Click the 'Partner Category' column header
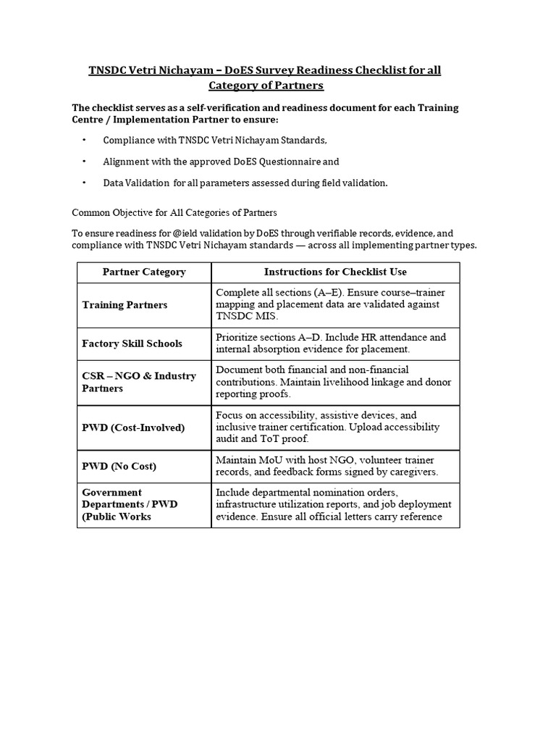click(x=144, y=272)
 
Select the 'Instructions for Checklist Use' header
click(x=335, y=272)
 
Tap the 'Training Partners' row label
click(x=125, y=305)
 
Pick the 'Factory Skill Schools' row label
click(x=132, y=343)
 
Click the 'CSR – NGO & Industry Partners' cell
click(x=139, y=382)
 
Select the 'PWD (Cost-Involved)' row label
click(x=133, y=428)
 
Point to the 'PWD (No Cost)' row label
click(x=119, y=466)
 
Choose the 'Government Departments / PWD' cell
click(x=130, y=504)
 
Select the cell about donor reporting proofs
click(x=334, y=382)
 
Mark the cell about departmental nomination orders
click(x=334, y=504)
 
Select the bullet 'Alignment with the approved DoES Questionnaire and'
click(x=221, y=162)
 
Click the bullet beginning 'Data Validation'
click(x=245, y=183)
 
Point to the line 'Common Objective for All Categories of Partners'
click(x=174, y=213)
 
